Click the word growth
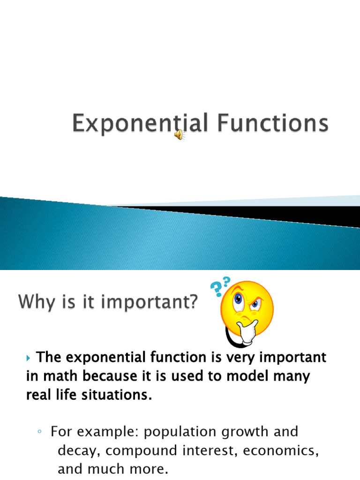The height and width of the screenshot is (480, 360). click(247, 432)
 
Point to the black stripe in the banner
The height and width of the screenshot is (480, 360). click(281, 215)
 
